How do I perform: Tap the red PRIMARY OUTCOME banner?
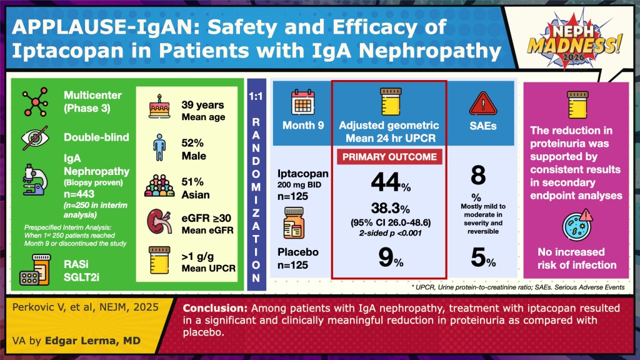tap(388, 157)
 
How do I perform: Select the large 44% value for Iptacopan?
tap(388, 182)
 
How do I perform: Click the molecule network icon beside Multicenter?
tap(36, 102)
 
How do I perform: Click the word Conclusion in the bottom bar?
tap(213, 308)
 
